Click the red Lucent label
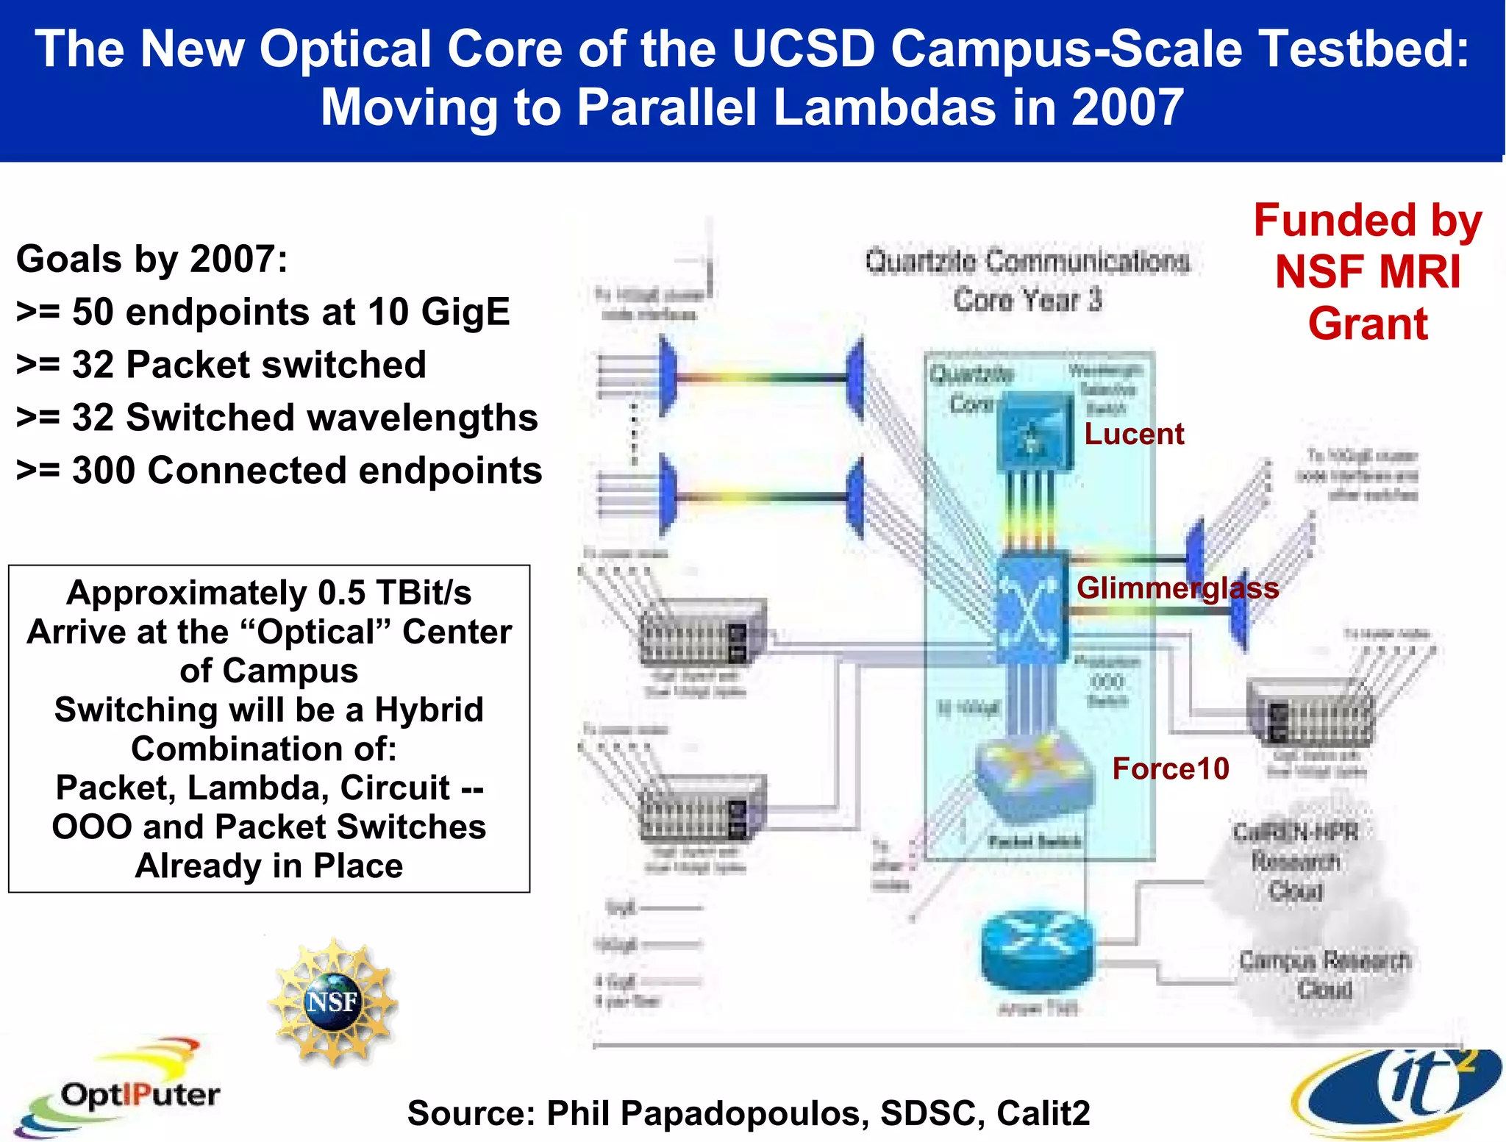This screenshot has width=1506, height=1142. tap(1133, 434)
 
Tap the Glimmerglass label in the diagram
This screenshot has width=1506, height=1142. tap(1177, 588)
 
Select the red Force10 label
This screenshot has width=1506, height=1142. tap(1170, 768)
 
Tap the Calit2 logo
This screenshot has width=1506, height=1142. tap(1397, 1092)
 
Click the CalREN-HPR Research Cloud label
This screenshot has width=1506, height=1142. tap(1296, 862)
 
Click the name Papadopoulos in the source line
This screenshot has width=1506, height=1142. tap(740, 1113)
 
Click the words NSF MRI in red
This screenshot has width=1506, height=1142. tap(1368, 272)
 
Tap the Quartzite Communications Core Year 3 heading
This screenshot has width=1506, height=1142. tap(1027, 280)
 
